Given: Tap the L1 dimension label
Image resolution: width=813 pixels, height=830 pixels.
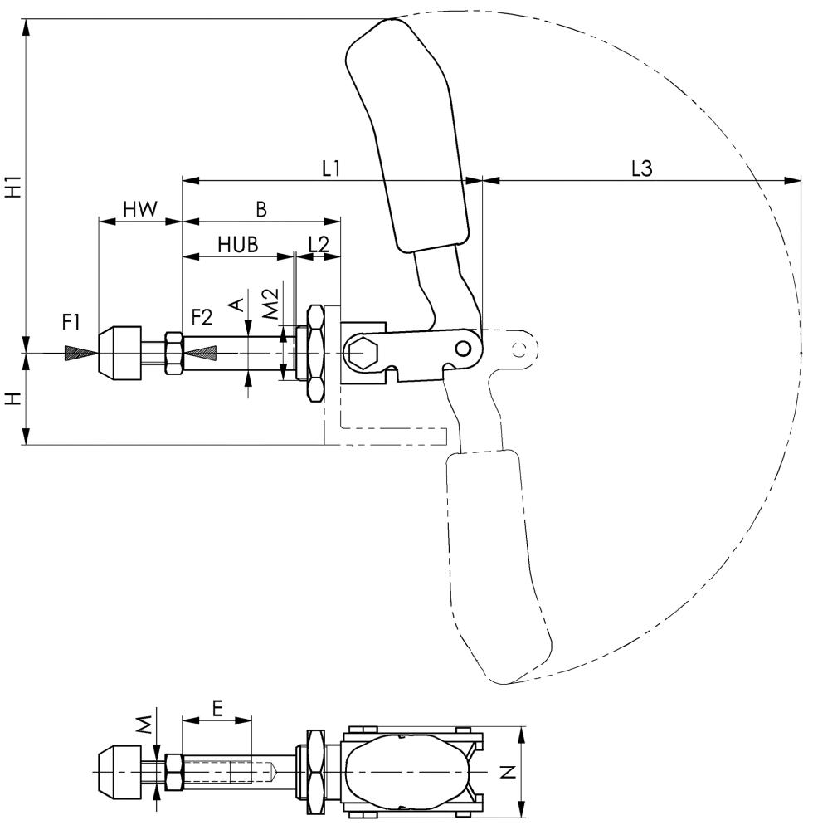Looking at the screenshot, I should (332, 168).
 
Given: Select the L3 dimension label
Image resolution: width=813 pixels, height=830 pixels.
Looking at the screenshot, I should (641, 168).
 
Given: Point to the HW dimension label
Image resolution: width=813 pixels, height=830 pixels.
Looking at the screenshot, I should (140, 210).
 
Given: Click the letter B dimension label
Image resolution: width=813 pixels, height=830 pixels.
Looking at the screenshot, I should (261, 210).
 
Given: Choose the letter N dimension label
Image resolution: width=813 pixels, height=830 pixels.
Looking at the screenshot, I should (509, 772).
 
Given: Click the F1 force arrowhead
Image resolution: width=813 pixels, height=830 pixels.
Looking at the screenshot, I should (80, 353).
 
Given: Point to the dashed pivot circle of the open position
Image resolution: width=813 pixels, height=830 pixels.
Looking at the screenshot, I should (520, 348).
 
